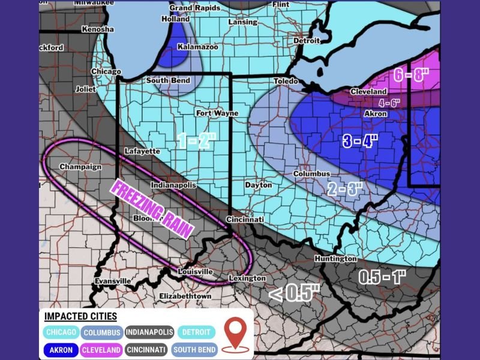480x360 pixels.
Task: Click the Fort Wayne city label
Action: click(x=217, y=113)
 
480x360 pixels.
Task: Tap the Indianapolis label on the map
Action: click(x=173, y=185)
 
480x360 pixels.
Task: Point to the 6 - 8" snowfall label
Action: click(x=412, y=76)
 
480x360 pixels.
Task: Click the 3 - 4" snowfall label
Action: click(x=360, y=142)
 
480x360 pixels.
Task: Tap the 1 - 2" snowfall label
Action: click(x=196, y=141)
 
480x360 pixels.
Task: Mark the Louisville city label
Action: click(x=196, y=272)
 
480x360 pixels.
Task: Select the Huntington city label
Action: click(x=335, y=259)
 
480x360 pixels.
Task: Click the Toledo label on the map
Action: click(x=286, y=81)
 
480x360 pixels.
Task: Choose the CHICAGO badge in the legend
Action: click(x=60, y=332)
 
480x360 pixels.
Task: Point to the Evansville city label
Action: click(x=113, y=281)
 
